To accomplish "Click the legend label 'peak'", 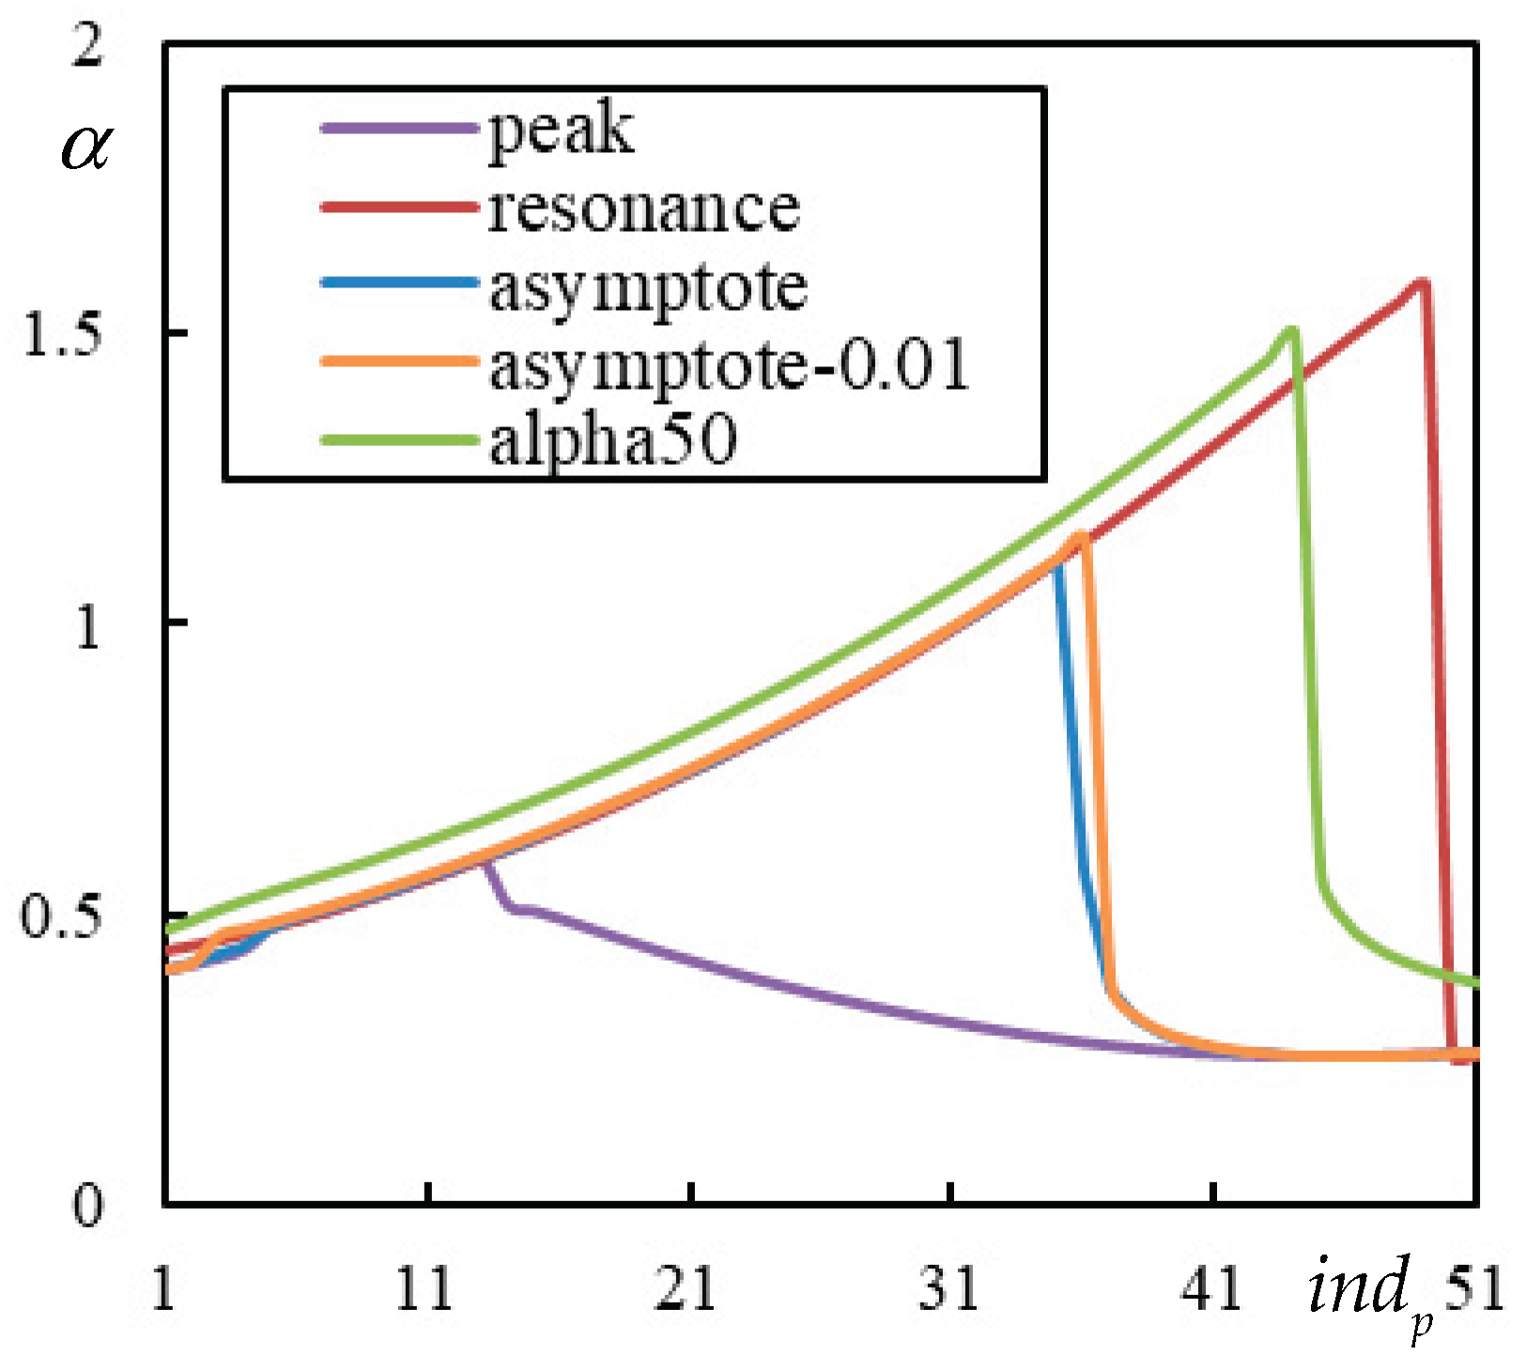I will (x=561, y=131).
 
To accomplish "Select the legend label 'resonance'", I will (x=644, y=208).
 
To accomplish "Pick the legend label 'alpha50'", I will (x=613, y=440).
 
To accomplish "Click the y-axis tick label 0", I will (x=86, y=1206).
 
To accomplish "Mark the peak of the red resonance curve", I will (x=1423, y=281).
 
